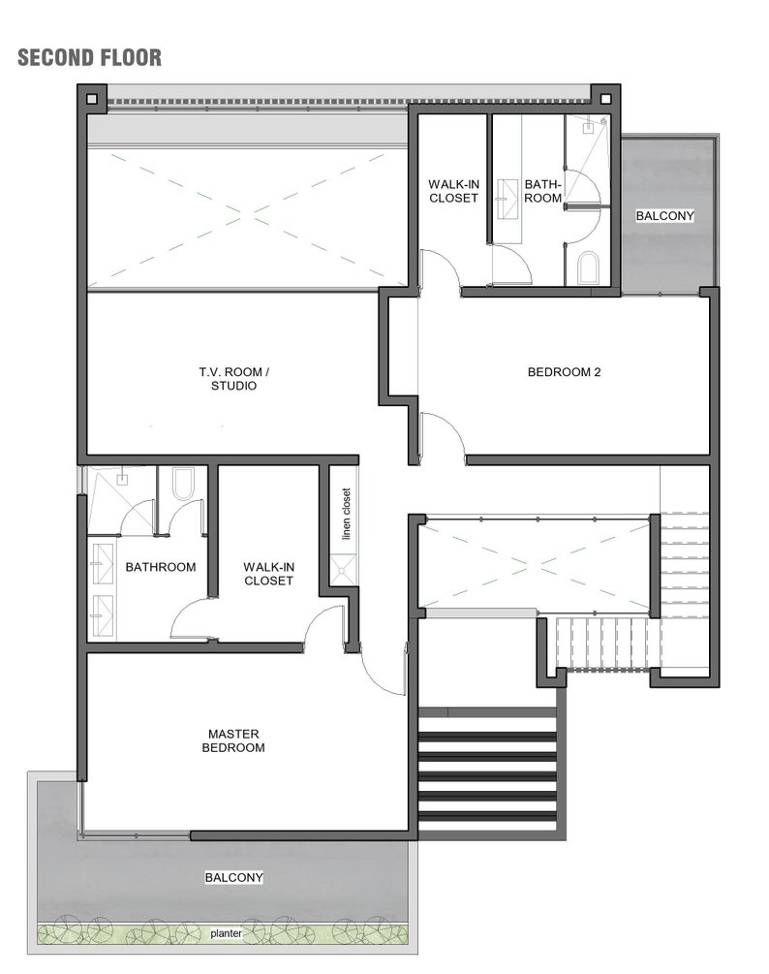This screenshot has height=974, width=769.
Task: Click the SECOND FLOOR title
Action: click(x=89, y=57)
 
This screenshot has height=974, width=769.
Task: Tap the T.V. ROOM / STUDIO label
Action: click(x=233, y=378)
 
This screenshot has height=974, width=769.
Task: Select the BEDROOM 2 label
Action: click(x=564, y=371)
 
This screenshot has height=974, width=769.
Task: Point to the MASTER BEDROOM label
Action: click(x=233, y=740)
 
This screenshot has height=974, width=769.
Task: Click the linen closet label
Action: click(x=346, y=514)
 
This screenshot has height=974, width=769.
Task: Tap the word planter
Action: click(x=227, y=934)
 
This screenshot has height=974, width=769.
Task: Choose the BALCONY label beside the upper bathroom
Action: click(x=664, y=215)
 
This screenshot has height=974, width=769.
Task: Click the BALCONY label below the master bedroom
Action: click(x=233, y=877)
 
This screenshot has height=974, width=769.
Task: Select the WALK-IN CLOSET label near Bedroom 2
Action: click(x=453, y=191)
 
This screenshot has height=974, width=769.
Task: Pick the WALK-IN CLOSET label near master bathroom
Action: click(x=268, y=573)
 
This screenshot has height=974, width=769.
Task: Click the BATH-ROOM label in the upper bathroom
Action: click(x=542, y=191)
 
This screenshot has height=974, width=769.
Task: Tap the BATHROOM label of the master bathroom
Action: click(x=161, y=567)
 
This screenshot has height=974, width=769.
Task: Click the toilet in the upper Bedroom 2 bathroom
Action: click(x=588, y=267)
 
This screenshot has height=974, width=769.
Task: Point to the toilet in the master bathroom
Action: click(x=183, y=484)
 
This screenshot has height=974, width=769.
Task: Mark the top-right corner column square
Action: click(x=605, y=97)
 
